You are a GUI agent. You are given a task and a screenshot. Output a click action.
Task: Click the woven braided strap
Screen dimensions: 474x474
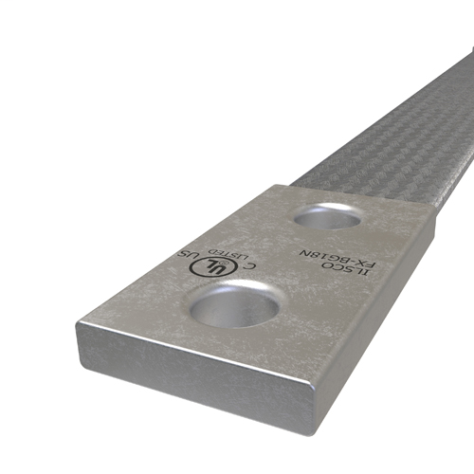click(398, 133)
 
